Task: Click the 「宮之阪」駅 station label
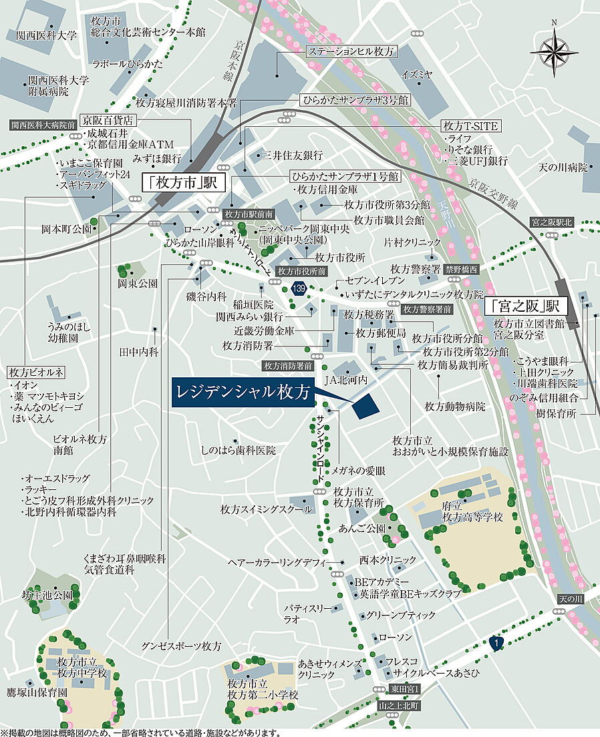[x=525, y=307]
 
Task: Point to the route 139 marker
[x=299, y=288]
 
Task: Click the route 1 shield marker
[x=495, y=643]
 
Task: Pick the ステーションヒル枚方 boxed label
[x=351, y=51]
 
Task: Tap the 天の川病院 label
[x=563, y=166]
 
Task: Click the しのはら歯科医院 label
[x=238, y=451]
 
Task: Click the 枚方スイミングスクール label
[x=266, y=509]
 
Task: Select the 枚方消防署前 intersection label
[x=289, y=366]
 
